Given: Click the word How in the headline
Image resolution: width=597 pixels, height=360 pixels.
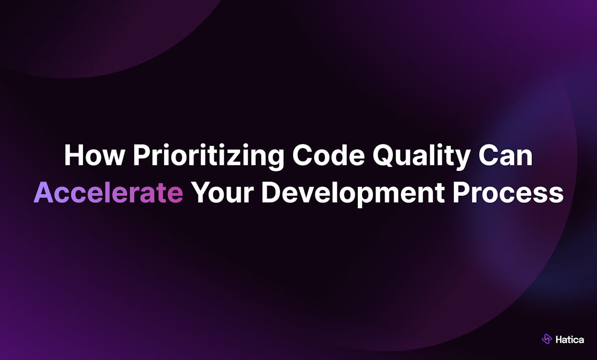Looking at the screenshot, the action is (95, 155).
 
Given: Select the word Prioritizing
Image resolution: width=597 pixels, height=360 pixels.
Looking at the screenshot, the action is (208, 157).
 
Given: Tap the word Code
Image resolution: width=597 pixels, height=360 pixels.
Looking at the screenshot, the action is (328, 155).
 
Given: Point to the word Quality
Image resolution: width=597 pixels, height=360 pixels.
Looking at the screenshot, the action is (421, 157).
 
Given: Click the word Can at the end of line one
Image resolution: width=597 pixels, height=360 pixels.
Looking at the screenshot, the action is (505, 155).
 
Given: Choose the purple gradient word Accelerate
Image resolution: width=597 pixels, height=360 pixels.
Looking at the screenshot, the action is (108, 192).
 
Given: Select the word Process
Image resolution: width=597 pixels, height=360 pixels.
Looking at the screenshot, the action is (508, 192).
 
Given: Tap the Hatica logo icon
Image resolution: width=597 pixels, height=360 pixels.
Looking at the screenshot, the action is (547, 339).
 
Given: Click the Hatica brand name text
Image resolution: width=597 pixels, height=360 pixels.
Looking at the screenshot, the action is (570, 340).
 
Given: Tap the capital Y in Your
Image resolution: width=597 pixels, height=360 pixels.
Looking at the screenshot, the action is (202, 192).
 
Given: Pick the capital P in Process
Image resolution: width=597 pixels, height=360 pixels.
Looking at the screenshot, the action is (462, 192).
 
